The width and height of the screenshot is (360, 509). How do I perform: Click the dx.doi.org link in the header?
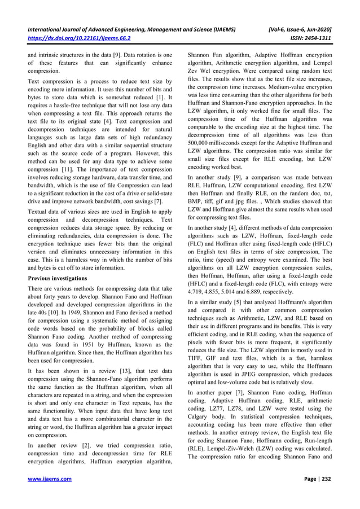pos(79,39)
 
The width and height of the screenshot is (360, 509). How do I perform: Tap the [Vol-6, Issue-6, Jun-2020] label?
pos(300,29)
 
